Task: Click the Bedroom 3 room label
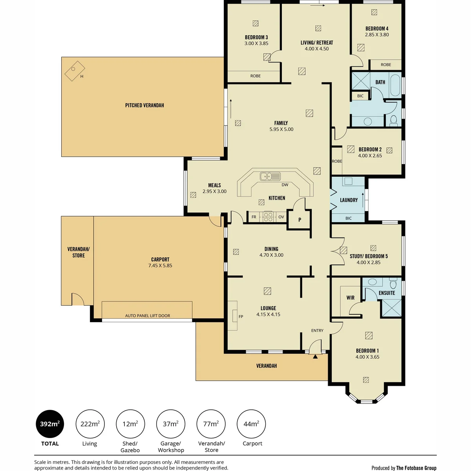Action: pos(256,37)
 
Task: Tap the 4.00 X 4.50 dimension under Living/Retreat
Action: pos(316,49)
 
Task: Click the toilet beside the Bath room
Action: pos(393,120)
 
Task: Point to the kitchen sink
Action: pos(270,176)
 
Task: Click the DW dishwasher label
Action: pos(285,185)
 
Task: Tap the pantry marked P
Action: pos(299,219)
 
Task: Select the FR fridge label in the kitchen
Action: pos(254,217)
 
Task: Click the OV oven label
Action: pos(281,217)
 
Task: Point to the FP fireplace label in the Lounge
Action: pos(241,316)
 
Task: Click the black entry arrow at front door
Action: pos(315,357)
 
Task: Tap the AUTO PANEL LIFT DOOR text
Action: pos(148,316)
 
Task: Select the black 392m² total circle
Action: pos(50,424)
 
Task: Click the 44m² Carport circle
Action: pos(251,424)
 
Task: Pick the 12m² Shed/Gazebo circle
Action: pos(130,424)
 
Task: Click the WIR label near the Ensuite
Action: pos(350,298)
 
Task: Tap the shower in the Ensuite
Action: pos(391,308)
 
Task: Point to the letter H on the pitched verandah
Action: pos(82,77)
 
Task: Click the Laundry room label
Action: pos(349,200)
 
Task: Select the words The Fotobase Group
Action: pos(416,468)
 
